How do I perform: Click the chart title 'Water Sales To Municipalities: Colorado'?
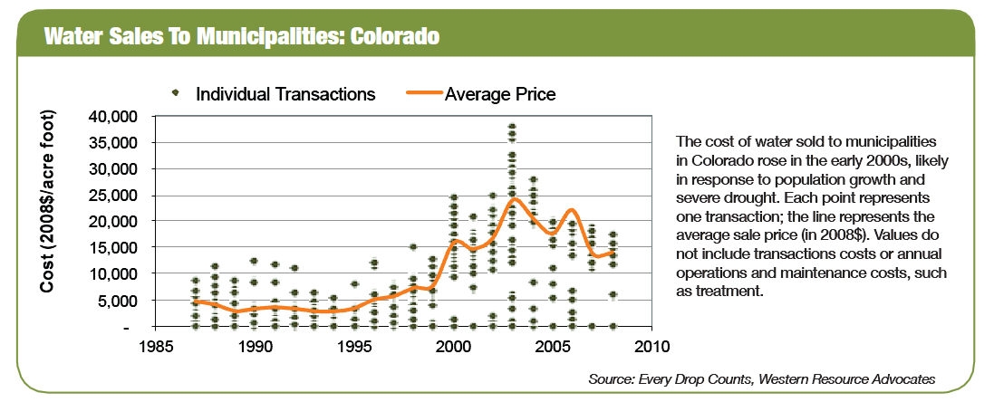coord(242,37)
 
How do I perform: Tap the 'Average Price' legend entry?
coord(499,93)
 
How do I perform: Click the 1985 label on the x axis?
coord(156,346)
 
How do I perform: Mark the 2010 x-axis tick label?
coord(651,346)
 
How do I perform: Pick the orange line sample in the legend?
coord(420,93)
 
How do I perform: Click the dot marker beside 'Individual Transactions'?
coord(177,93)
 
